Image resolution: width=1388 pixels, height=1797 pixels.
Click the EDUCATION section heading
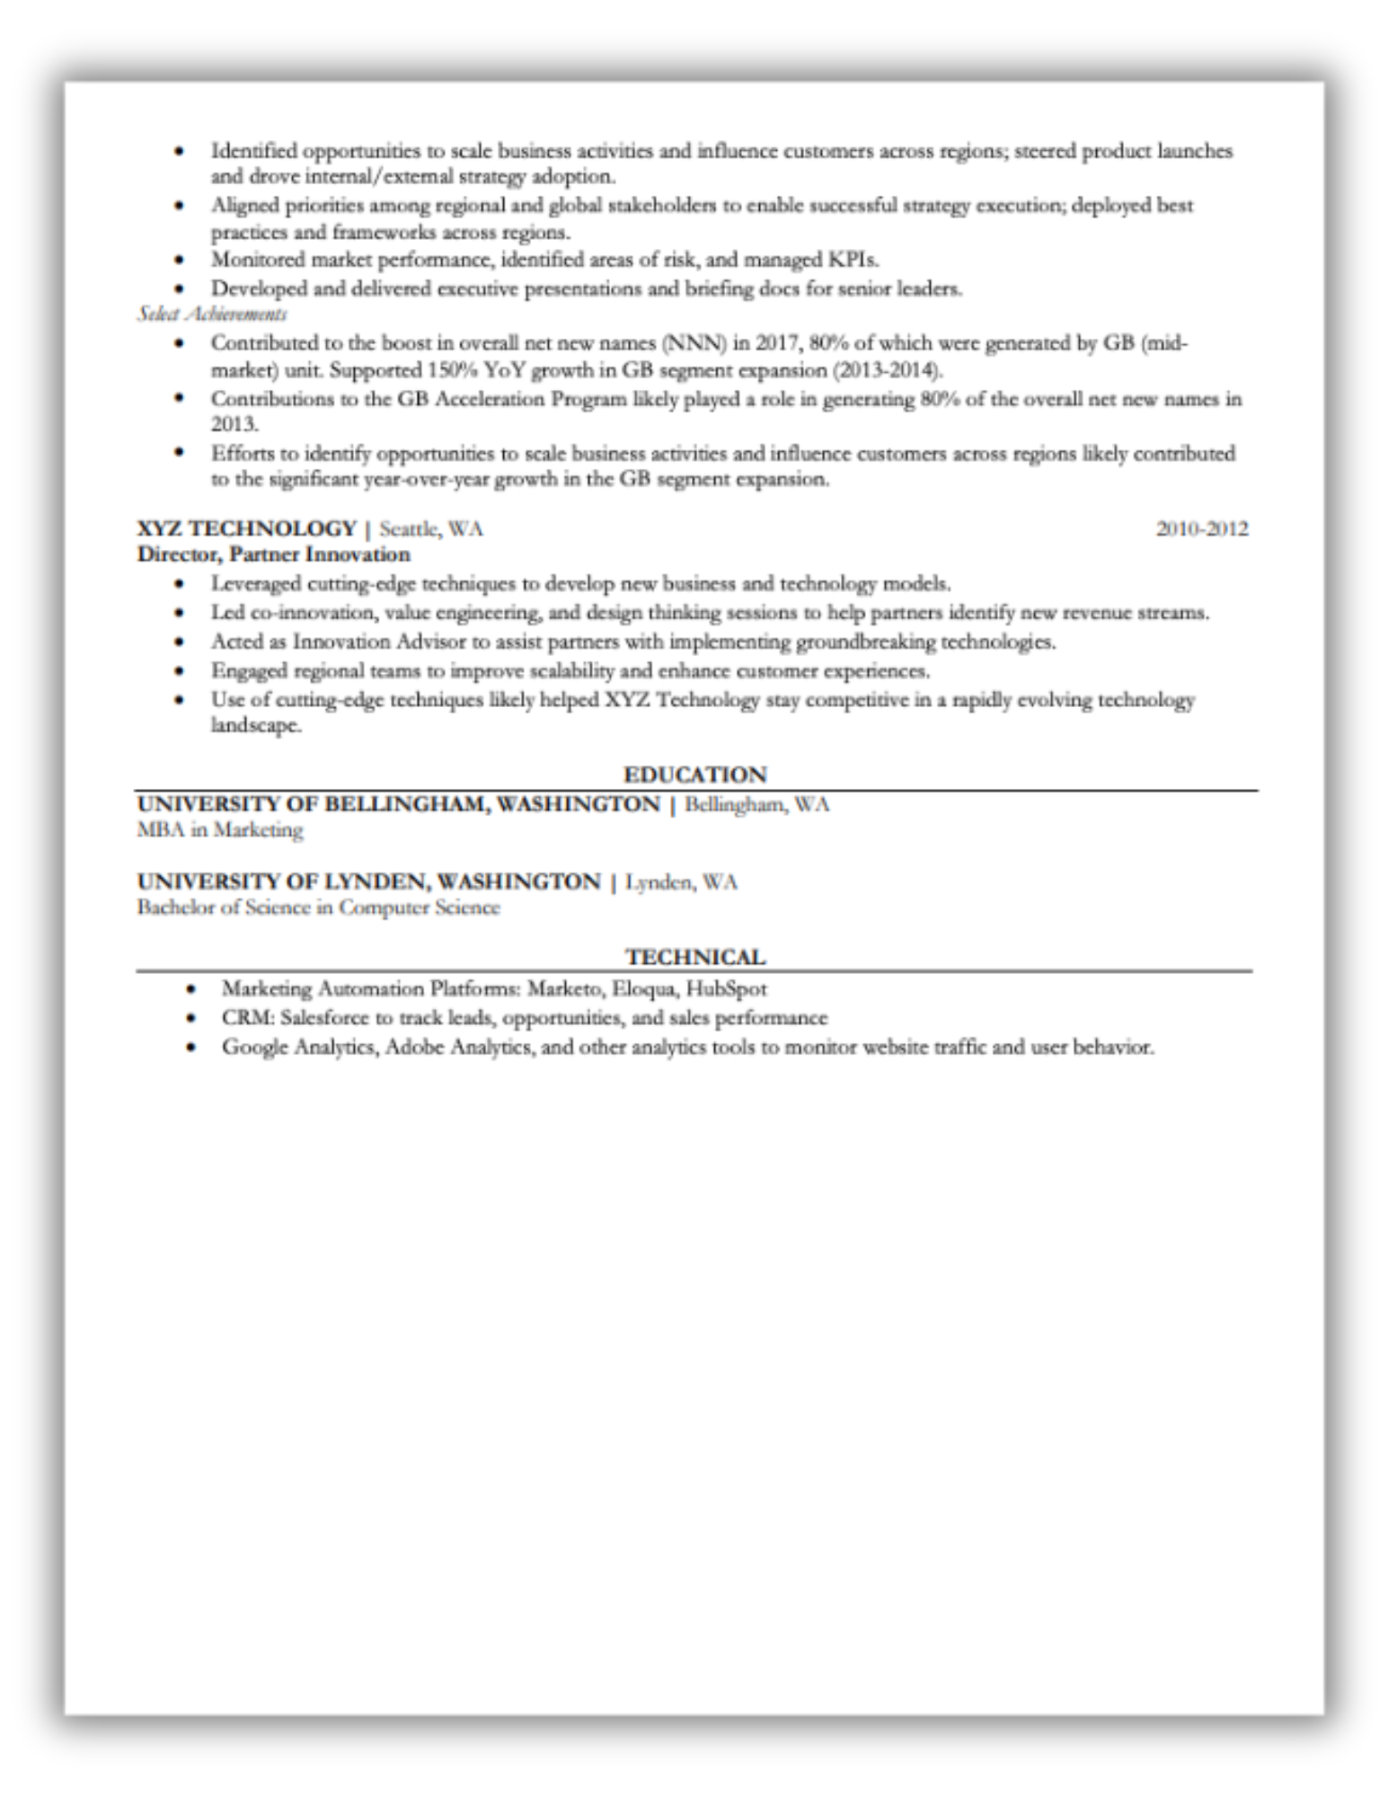[x=694, y=775]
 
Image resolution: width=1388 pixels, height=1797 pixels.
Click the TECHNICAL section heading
[x=695, y=957]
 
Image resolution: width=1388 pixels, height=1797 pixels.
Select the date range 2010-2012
[x=1201, y=528]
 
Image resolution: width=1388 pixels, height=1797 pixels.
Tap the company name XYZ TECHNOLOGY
[x=247, y=528]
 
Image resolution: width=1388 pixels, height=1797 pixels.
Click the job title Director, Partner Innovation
[x=273, y=554]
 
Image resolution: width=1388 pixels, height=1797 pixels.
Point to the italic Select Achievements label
[x=212, y=314]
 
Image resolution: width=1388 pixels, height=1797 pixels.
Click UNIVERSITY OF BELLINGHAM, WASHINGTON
[x=398, y=803]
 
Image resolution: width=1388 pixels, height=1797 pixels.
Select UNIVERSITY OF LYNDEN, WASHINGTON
[x=368, y=881]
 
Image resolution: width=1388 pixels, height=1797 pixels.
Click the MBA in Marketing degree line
[x=220, y=829]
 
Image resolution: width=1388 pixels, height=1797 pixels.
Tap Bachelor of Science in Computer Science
[x=318, y=907]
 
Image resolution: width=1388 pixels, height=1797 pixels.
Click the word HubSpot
[x=726, y=989]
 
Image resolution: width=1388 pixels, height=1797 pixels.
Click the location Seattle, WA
[x=431, y=528]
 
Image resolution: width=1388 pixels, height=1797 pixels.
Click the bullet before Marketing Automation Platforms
[x=190, y=990]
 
